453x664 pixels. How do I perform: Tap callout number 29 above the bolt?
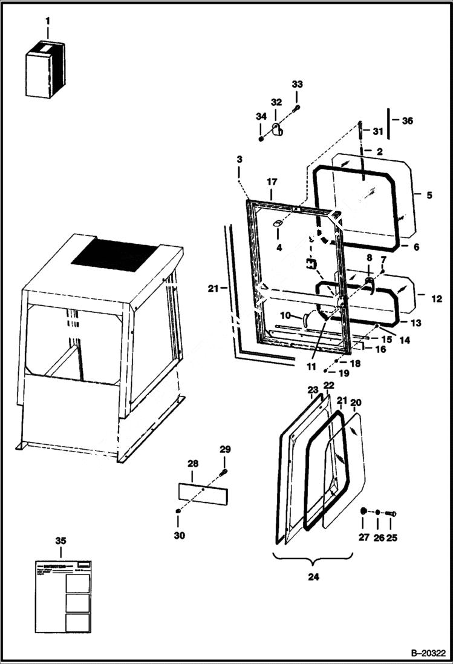224,449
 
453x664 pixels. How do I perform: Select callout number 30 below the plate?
180,536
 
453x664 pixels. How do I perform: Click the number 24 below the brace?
313,577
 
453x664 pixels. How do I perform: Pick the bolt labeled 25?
391,514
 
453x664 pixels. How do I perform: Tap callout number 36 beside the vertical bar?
407,121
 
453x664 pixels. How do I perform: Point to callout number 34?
260,117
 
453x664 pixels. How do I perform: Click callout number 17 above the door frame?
272,182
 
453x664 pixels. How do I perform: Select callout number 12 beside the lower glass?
436,299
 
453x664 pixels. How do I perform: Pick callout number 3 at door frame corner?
240,159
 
